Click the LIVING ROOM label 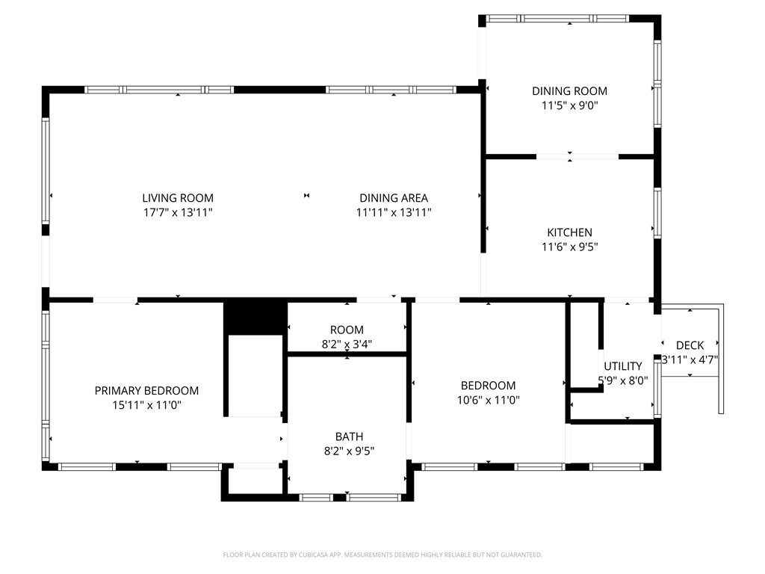click(x=178, y=198)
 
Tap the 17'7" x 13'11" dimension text click(x=178, y=212)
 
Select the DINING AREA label click(x=394, y=198)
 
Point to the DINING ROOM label click(x=569, y=91)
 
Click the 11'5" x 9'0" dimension click(x=569, y=105)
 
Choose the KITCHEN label click(x=569, y=233)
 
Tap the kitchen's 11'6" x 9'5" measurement click(x=569, y=247)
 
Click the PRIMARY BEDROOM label click(x=146, y=391)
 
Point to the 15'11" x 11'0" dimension click(x=146, y=405)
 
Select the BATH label click(x=349, y=436)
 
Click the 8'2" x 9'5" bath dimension click(x=349, y=451)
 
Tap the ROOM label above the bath click(x=347, y=330)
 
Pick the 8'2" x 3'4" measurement click(x=347, y=344)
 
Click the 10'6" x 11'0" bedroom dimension click(x=488, y=401)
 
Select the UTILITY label click(x=622, y=366)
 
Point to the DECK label click(x=690, y=345)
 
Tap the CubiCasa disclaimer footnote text click(x=382, y=555)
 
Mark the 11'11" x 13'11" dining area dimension click(x=394, y=212)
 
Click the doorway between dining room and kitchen click(x=577, y=157)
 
